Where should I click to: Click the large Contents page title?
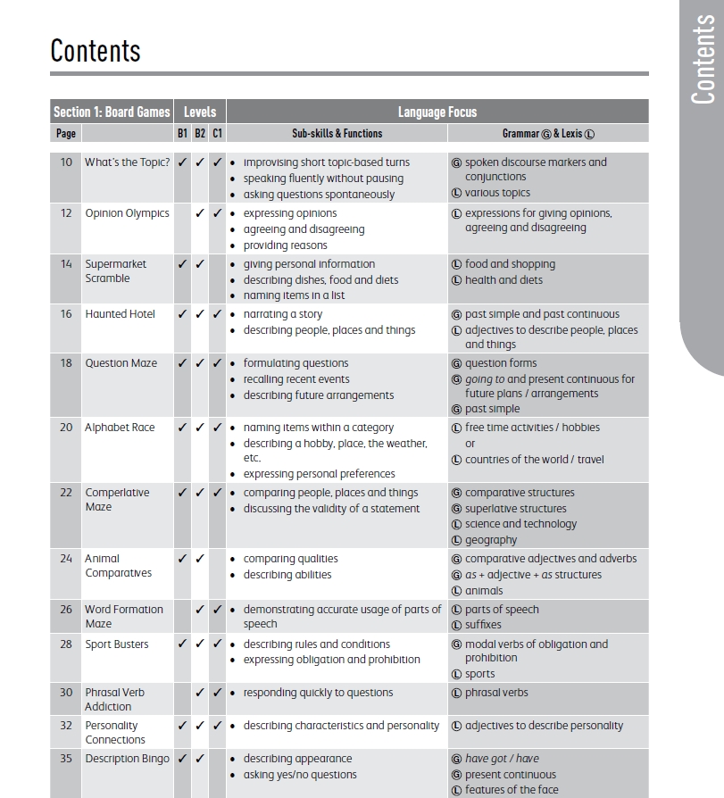96,50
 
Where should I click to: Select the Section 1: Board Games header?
112,112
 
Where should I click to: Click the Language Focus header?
437,112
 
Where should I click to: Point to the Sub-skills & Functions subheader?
337,133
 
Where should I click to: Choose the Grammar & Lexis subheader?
548,133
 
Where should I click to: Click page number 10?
66,162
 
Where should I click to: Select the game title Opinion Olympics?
127,213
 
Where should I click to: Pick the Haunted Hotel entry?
120,314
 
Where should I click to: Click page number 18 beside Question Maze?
66,363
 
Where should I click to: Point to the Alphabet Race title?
120,428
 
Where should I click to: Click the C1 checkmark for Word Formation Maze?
217,610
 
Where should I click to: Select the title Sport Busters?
117,644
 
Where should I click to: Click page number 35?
66,759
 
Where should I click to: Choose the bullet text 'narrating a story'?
283,314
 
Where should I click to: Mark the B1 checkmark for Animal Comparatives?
182,559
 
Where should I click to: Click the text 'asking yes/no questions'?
300,775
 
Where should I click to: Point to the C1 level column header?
217,133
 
